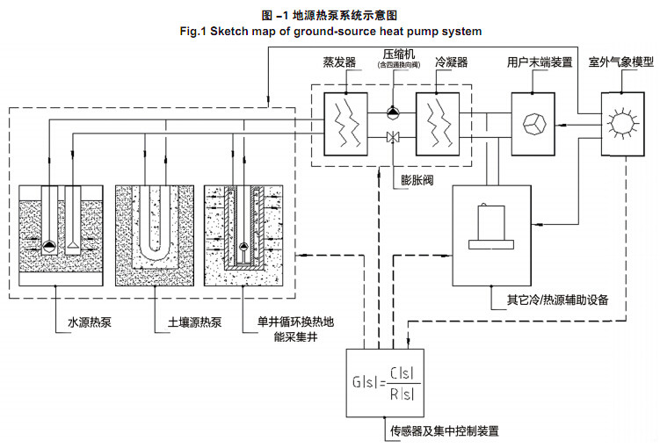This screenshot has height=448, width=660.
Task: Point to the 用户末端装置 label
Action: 540,63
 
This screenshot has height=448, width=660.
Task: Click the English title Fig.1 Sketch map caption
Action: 330,31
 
